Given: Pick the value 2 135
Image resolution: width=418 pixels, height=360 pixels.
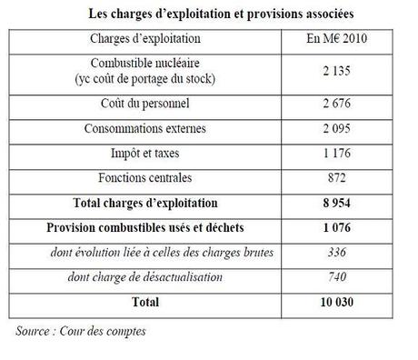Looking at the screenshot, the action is (336, 72).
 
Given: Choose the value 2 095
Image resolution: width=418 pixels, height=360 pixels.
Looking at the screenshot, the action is (336, 130).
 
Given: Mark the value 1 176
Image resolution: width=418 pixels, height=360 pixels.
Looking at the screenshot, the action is (336, 154).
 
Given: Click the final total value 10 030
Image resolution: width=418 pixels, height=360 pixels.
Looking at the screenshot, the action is (336, 301).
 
